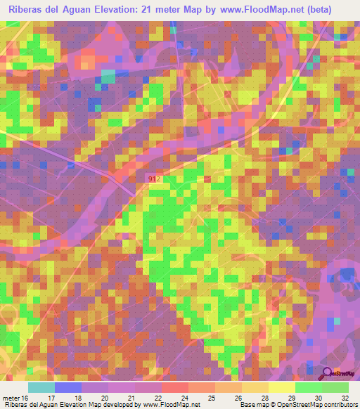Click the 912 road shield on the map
[x=155, y=180]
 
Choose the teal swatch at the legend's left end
[x=41, y=387]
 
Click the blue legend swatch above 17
[x=67, y=387]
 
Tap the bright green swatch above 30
[x=308, y=387]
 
